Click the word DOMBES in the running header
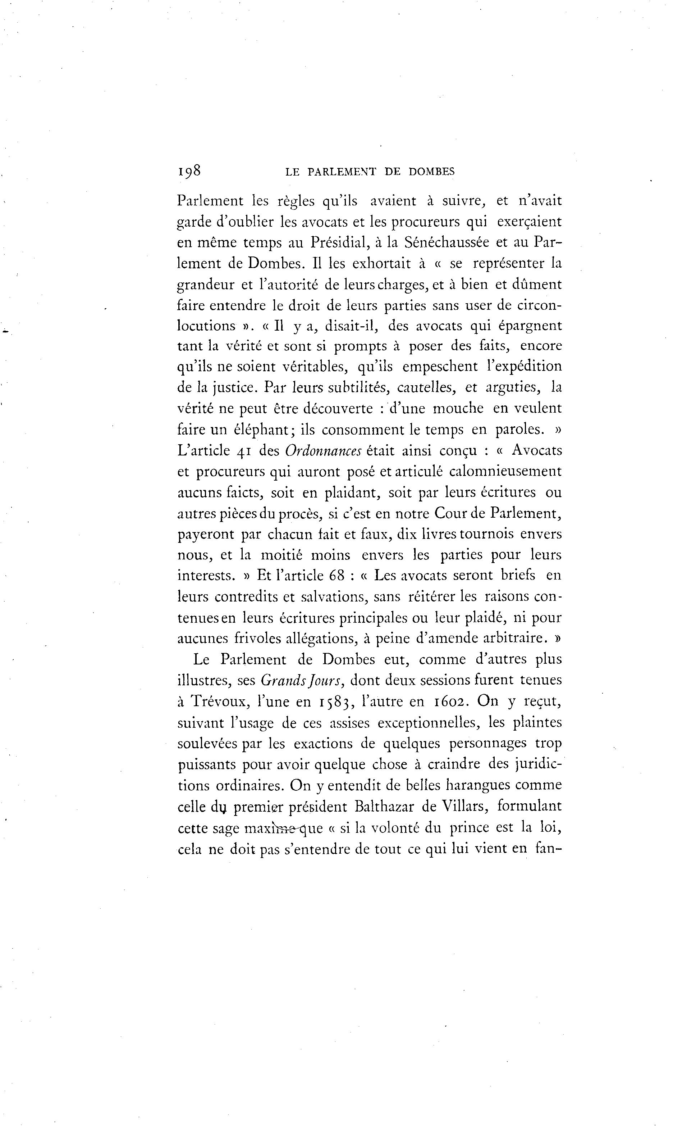[431, 172]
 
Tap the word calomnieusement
[505, 471]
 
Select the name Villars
[458, 806]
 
